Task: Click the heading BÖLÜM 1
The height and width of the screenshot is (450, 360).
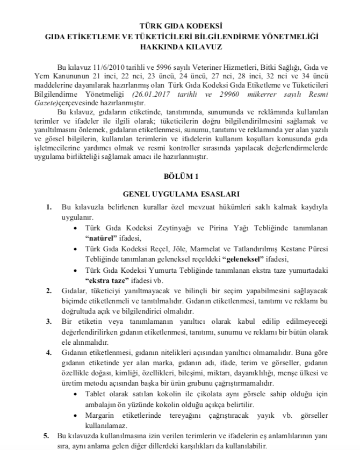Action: (180, 176)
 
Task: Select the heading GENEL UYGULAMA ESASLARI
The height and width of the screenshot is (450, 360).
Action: (180, 193)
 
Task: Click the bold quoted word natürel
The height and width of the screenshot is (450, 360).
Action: (102, 236)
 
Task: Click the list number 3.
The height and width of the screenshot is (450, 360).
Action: (49, 321)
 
